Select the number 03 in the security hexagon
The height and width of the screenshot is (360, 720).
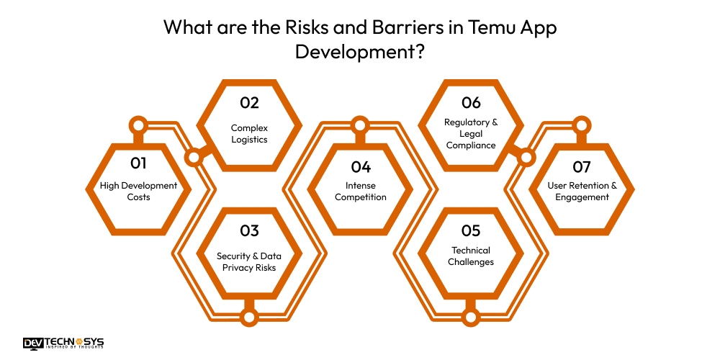(x=249, y=231)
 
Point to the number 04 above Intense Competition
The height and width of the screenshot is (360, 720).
(x=360, y=166)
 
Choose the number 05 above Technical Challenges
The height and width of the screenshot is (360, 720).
(x=471, y=231)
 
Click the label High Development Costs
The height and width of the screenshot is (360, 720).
(x=138, y=191)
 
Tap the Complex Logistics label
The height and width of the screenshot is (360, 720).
(x=249, y=133)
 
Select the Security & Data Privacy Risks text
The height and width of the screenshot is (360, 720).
(x=249, y=262)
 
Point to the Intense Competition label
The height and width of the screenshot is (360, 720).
(x=360, y=191)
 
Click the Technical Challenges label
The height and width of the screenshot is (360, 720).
(x=471, y=256)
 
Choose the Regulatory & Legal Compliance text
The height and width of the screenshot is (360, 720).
(x=471, y=133)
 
